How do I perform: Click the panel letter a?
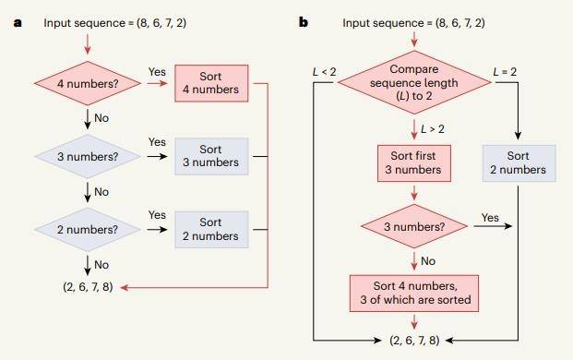tap(17, 21)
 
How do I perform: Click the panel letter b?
tap(304, 21)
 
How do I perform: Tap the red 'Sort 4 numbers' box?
tap(210, 83)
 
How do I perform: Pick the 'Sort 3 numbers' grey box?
tap(210, 155)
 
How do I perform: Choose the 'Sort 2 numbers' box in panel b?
tap(519, 163)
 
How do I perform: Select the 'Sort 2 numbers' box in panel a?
tap(210, 229)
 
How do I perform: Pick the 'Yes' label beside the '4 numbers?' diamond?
tap(156, 70)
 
